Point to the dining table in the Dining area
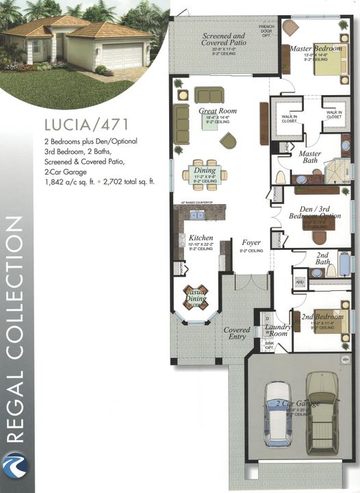coord(204,174)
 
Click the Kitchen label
coord(201,238)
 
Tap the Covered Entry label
coord(237,333)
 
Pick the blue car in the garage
coord(279,414)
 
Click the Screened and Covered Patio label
coord(224,38)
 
